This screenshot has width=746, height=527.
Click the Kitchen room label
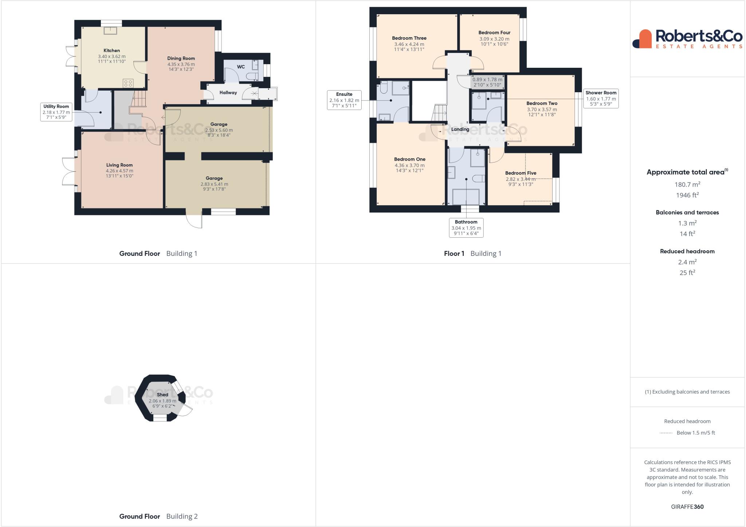(111, 51)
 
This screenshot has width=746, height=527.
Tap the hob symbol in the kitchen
(128, 83)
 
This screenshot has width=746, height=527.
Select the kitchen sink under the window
(110, 31)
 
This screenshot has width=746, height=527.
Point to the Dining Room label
(181, 58)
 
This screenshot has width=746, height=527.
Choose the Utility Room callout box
(56, 112)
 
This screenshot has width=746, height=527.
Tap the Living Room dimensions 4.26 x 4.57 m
(119, 171)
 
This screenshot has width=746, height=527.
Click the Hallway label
(228, 93)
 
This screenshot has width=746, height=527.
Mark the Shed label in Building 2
(162, 395)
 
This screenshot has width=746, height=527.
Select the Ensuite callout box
(344, 100)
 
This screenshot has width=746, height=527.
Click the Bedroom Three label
(409, 38)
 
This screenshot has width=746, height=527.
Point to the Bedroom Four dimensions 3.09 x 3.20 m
(494, 39)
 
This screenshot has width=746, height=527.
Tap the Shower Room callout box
(601, 98)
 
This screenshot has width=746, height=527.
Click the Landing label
(460, 129)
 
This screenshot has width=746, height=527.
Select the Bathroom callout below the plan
(466, 228)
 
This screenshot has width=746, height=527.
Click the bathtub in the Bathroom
(466, 197)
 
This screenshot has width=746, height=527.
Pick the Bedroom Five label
(521, 173)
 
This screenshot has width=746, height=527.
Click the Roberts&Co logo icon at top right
(642, 39)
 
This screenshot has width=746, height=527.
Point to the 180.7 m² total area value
(687, 184)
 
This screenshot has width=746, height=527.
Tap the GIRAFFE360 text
(687, 507)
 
